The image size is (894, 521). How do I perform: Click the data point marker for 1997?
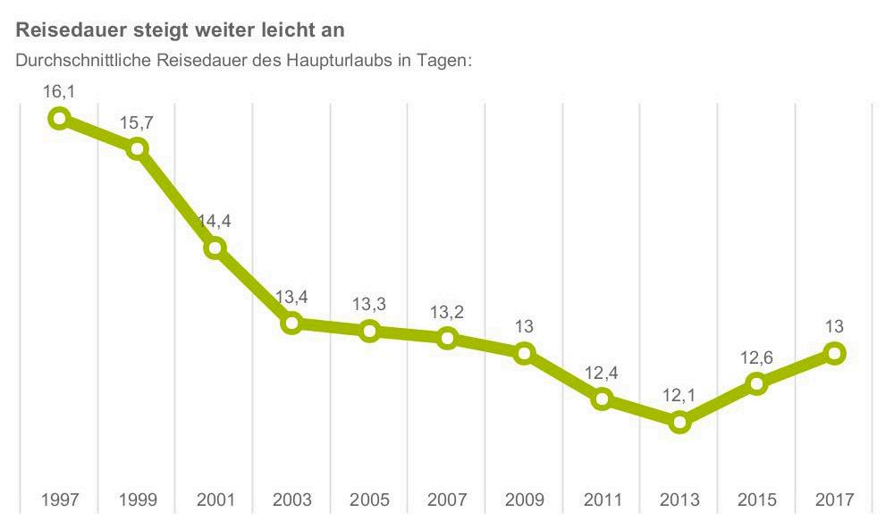59,118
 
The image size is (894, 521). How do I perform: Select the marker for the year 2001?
215,248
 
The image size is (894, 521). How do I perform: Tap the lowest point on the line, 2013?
679,422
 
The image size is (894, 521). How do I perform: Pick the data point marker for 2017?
834,353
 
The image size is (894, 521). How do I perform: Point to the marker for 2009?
525,353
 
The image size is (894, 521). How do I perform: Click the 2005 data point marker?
369,331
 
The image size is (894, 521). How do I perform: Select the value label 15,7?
137,122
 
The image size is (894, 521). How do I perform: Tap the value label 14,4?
215,221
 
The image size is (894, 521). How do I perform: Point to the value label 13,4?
292,297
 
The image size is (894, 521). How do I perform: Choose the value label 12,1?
679,394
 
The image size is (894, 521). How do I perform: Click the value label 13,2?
447,312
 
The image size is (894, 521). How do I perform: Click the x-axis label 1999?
137,499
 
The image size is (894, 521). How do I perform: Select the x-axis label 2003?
292,499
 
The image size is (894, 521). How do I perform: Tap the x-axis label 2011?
602,499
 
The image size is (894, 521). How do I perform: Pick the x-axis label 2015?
756,499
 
